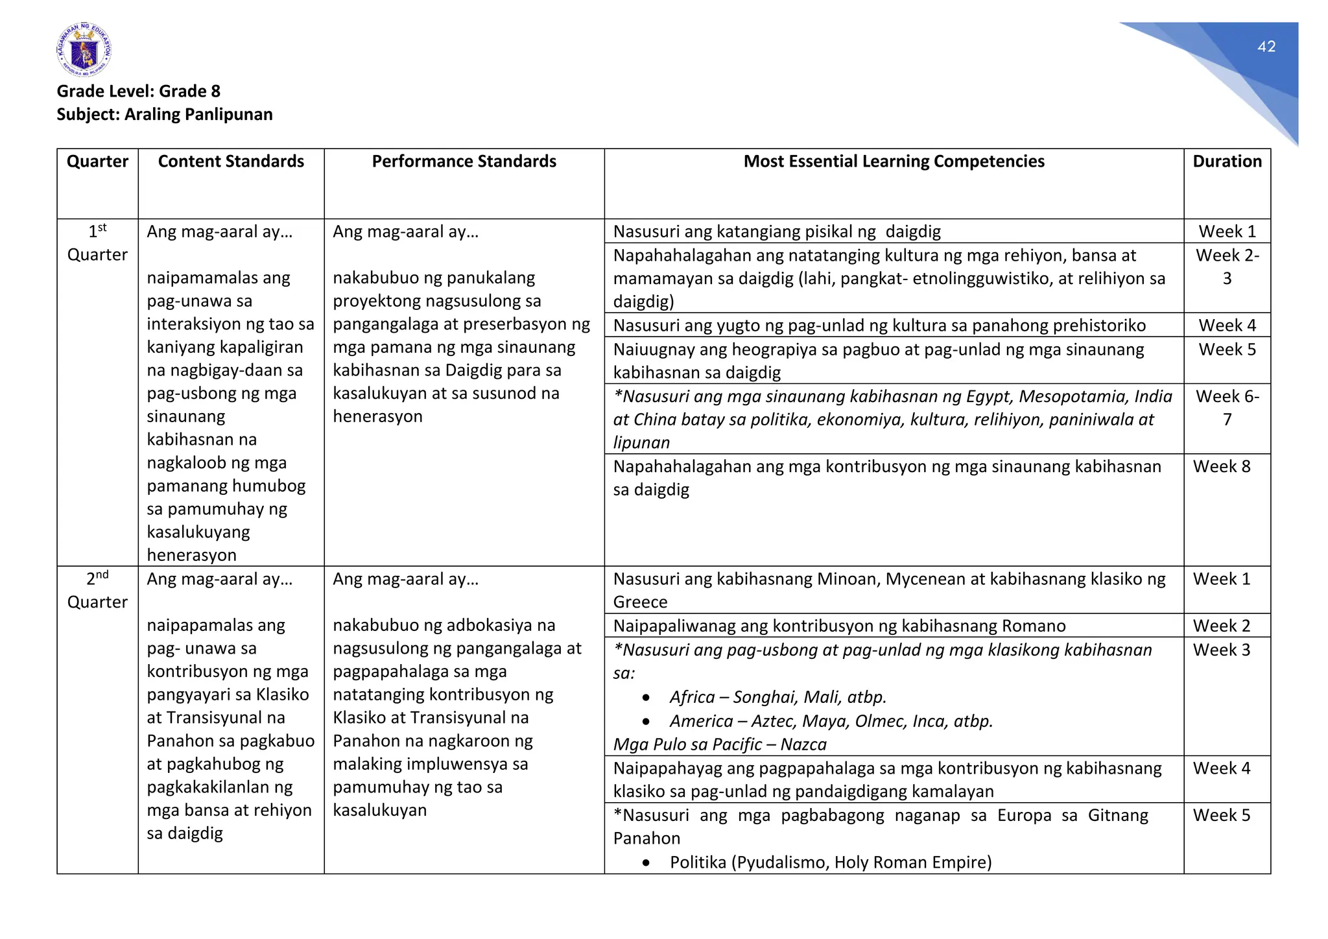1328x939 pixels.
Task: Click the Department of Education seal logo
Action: click(84, 50)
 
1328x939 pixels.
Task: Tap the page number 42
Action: click(1266, 47)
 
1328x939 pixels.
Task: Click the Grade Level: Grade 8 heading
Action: click(138, 91)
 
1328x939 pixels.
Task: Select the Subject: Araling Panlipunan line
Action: click(164, 114)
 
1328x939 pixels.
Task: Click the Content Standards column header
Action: click(231, 161)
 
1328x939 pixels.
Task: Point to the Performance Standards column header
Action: click(464, 161)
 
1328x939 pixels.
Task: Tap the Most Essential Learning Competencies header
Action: click(894, 161)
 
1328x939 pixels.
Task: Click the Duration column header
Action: click(1227, 161)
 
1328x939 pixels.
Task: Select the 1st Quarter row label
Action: click(97, 243)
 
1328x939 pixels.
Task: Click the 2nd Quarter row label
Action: click(97, 590)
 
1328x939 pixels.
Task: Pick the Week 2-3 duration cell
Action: click(1227, 267)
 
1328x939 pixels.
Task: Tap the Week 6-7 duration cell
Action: click(1227, 407)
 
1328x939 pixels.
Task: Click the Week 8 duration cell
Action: click(1221, 466)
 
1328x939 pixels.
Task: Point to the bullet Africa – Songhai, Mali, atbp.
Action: click(777, 697)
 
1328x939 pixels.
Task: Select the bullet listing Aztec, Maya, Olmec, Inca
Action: click(831, 721)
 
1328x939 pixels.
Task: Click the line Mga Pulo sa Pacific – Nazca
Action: click(720, 744)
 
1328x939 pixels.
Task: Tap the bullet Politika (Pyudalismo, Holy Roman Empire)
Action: click(830, 862)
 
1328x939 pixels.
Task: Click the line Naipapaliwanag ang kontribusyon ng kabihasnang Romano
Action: click(839, 626)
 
